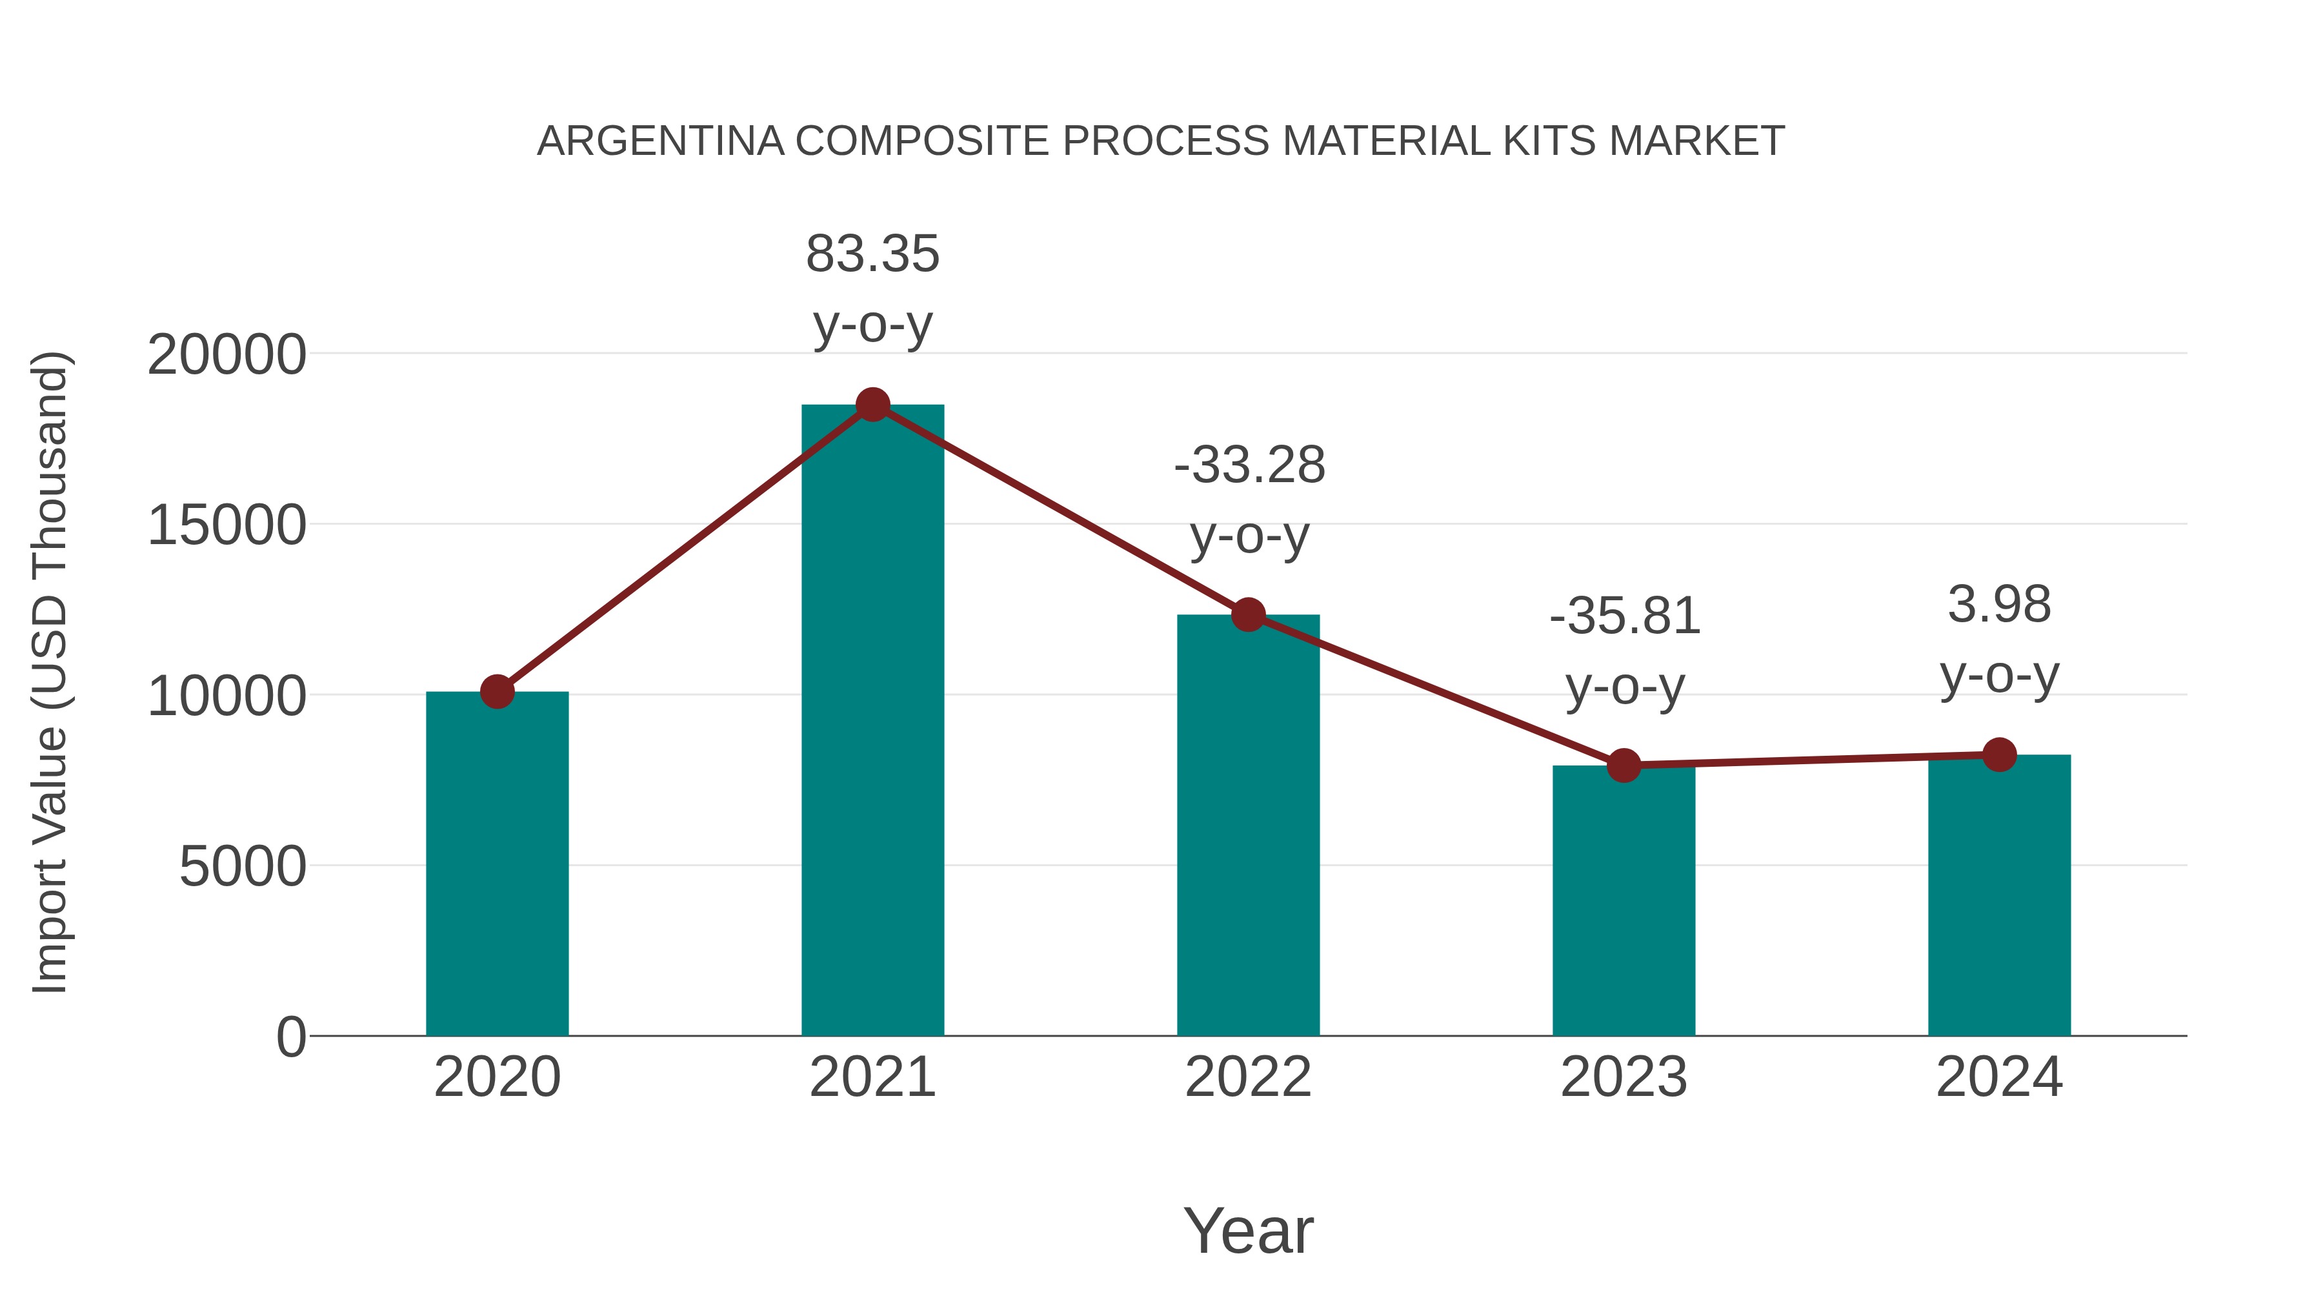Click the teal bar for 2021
tap(872, 722)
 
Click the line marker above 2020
tap(497, 692)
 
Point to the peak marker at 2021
tap(872, 405)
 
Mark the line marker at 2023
tap(1624, 765)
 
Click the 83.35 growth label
tap(872, 254)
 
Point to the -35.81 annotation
tap(1624, 617)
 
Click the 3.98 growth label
tap(1999, 605)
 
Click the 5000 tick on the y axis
tap(243, 867)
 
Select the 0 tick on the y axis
tap(290, 1037)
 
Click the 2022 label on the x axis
tap(1248, 1078)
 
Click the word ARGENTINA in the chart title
tap(660, 141)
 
